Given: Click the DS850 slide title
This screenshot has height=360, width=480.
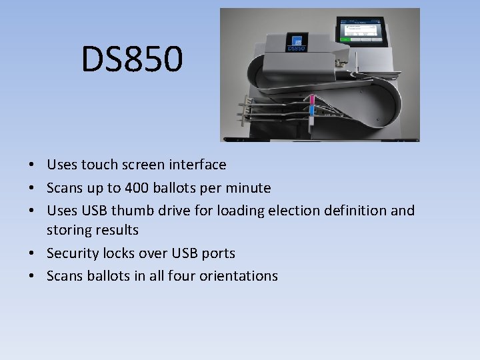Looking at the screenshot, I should [x=131, y=59].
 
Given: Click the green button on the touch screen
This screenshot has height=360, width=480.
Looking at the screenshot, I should [x=345, y=39].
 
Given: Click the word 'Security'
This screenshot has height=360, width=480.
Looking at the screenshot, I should [x=73, y=253].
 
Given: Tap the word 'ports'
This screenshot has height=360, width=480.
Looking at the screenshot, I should [x=217, y=253].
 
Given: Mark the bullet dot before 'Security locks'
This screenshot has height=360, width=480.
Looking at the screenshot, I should [x=32, y=254].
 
